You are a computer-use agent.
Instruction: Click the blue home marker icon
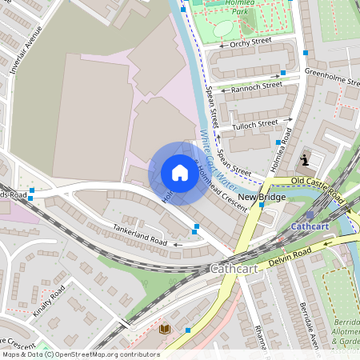click(x=179, y=173)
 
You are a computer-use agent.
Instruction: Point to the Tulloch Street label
click(x=254, y=126)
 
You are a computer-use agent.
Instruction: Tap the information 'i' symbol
click(x=305, y=160)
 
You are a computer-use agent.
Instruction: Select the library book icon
click(x=166, y=329)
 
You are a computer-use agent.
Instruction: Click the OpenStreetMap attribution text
click(x=80, y=354)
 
